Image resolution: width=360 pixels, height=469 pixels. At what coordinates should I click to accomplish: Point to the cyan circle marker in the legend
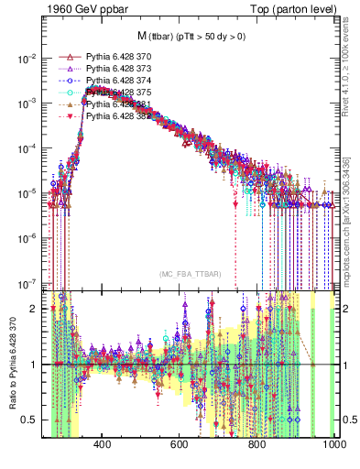tap(66, 93)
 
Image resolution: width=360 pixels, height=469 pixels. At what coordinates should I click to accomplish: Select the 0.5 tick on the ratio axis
tap(33, 420)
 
